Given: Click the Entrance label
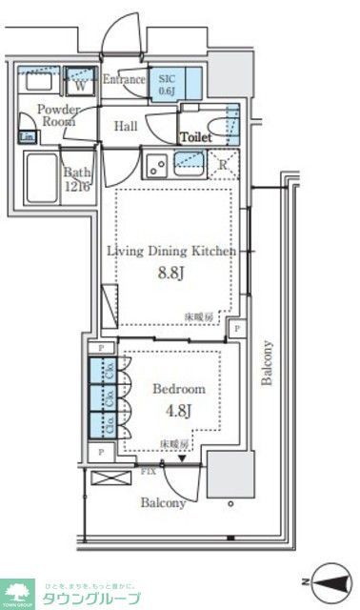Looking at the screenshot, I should (123, 79).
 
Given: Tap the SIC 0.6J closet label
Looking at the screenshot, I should (167, 85).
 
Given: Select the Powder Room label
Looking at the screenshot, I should (58, 116).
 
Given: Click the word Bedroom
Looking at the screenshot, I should (179, 390).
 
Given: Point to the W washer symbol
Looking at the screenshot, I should (81, 83).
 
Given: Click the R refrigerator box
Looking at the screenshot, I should (222, 164).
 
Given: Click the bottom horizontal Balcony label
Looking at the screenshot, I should (164, 502).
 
